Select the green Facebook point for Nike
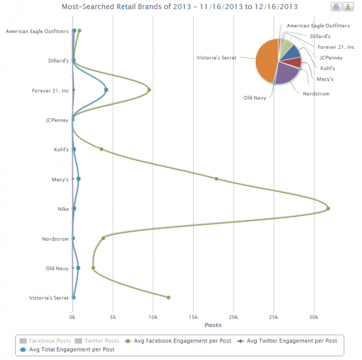(x=328, y=208)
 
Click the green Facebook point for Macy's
(x=217, y=179)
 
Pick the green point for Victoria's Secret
(x=169, y=297)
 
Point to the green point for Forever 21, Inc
(x=149, y=90)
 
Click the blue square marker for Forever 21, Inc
(x=106, y=90)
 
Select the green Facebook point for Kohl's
(x=102, y=149)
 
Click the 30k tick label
(x=314, y=316)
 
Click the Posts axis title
(x=213, y=325)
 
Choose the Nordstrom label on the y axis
(x=55, y=238)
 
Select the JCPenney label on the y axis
(x=57, y=120)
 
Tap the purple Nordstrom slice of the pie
(x=287, y=74)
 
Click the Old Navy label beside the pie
(x=256, y=98)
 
